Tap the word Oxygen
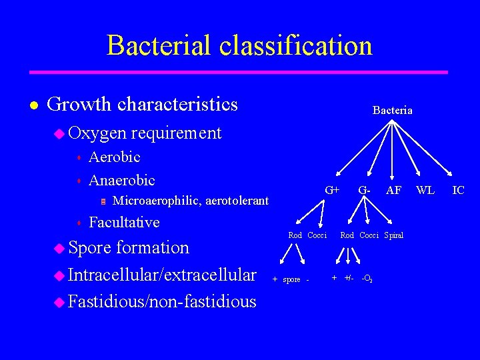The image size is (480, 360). tap(97, 133)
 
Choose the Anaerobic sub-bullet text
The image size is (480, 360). tap(121, 180)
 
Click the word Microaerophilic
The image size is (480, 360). tap(157, 200)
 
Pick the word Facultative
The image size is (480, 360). tap(124, 222)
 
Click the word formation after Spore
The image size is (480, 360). tap(152, 247)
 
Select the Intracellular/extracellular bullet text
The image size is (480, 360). tap(162, 275)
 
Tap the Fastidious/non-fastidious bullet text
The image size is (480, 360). tap(162, 301)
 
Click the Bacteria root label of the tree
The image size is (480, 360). tap(392, 110)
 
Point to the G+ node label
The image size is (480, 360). tap(332, 190)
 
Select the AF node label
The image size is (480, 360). tap(394, 190)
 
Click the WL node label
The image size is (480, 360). tap(425, 190)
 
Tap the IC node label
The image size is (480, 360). tap(458, 190)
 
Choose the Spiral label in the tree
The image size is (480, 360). tap(393, 235)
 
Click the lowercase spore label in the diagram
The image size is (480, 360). tap(291, 279)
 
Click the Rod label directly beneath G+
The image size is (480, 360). tap(295, 235)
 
